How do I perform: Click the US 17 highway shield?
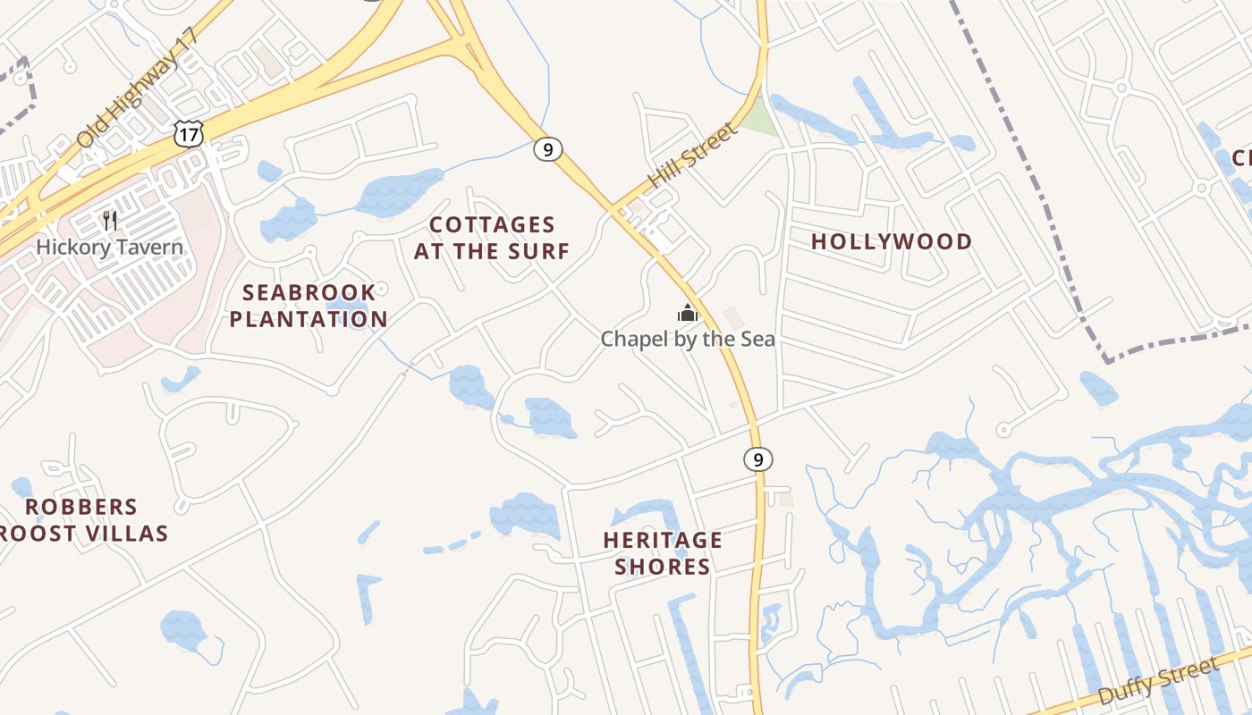tap(189, 134)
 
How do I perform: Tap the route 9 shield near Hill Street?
tap(547, 149)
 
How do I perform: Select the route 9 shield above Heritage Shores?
tap(757, 459)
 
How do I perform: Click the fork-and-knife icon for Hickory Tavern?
tap(110, 221)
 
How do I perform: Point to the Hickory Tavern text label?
tap(110, 248)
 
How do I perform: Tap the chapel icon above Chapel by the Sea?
tap(687, 313)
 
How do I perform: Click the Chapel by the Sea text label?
tap(687, 340)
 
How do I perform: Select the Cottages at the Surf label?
tap(491, 238)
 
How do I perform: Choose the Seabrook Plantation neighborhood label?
tap(309, 306)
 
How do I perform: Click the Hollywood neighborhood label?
tap(892, 241)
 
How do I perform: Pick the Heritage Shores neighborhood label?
tap(663, 553)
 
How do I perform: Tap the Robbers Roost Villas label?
tap(82, 520)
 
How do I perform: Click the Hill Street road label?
tap(692, 155)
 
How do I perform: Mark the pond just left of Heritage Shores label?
tap(526, 516)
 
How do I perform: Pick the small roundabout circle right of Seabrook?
tap(382, 289)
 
